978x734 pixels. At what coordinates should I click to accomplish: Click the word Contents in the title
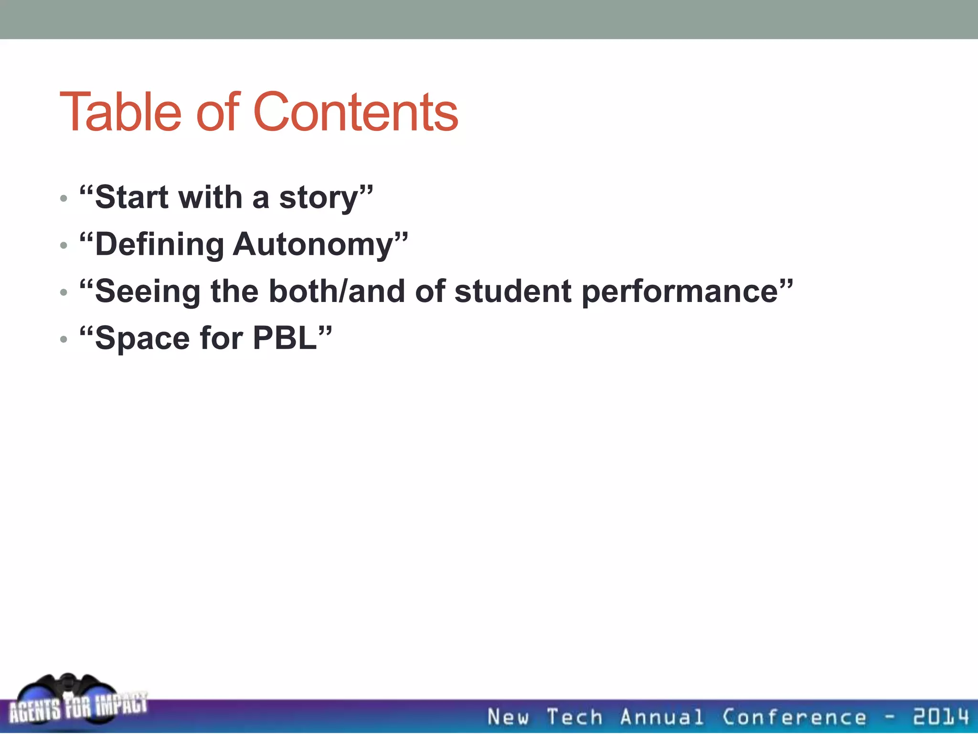pyautogui.click(x=355, y=112)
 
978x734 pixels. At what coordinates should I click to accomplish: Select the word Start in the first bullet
pyautogui.click(x=132, y=197)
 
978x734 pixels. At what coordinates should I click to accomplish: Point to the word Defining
pyautogui.click(x=159, y=244)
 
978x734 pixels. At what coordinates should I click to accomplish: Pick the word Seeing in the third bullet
pyautogui.click(x=148, y=291)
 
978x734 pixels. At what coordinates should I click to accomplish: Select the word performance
pyautogui.click(x=680, y=291)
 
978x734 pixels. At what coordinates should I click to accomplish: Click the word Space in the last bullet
pyautogui.click(x=142, y=338)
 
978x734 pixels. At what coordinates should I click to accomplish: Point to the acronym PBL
pyautogui.click(x=285, y=338)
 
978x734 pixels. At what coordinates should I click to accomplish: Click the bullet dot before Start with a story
pyautogui.click(x=64, y=198)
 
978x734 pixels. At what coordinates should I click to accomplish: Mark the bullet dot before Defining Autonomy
pyautogui.click(x=64, y=245)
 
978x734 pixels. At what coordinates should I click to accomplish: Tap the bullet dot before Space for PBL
pyautogui.click(x=64, y=339)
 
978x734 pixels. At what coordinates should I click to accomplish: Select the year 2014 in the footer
pyautogui.click(x=941, y=717)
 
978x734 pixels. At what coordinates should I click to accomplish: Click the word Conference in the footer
pyautogui.click(x=794, y=717)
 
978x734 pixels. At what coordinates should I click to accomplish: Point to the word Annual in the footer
pyautogui.click(x=661, y=717)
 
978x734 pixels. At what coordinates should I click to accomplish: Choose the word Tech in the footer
pyautogui.click(x=574, y=717)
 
